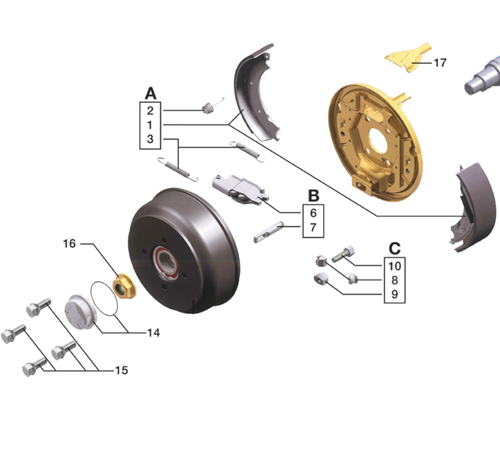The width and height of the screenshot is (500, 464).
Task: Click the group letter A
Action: click(x=150, y=93)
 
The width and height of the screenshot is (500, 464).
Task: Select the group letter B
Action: click(x=314, y=196)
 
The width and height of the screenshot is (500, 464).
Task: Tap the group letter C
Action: click(x=395, y=249)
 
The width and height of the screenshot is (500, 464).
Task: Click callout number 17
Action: click(x=440, y=63)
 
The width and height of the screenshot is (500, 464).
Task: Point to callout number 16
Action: click(x=69, y=244)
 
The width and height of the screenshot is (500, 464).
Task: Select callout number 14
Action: click(x=153, y=333)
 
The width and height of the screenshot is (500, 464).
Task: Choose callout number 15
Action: click(x=122, y=370)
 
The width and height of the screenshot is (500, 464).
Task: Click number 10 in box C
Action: click(x=394, y=266)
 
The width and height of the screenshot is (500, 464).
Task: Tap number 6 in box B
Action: click(x=313, y=213)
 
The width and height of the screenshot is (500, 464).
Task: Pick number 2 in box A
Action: click(x=150, y=111)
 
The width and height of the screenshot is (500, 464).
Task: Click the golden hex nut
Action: click(x=125, y=286)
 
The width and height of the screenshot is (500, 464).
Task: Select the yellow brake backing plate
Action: click(x=375, y=142)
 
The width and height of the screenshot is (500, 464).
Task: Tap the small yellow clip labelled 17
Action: click(x=408, y=58)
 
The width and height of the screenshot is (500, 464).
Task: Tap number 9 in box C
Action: click(x=395, y=294)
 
